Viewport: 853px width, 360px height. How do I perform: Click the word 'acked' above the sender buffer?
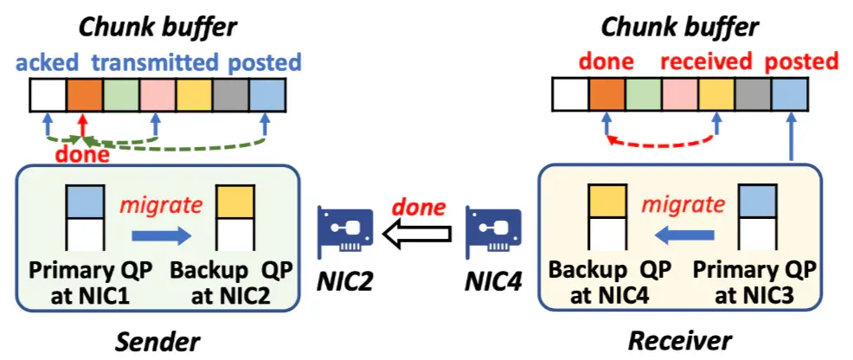48,63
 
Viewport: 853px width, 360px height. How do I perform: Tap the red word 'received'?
706,62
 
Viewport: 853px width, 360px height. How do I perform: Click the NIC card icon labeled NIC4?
493,234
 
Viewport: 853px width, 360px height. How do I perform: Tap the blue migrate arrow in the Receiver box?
683,235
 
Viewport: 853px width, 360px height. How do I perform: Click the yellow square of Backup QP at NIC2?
235,202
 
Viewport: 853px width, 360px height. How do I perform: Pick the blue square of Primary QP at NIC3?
755,202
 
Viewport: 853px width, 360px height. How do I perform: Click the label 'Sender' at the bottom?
157,342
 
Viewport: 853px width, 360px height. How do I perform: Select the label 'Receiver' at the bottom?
679,342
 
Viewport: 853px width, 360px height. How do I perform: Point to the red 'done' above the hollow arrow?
419,207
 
